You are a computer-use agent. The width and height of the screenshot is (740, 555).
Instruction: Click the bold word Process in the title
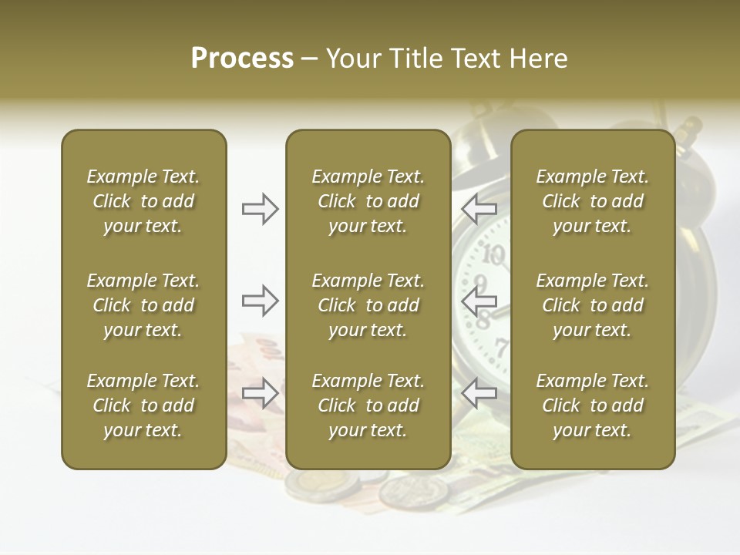[242, 59]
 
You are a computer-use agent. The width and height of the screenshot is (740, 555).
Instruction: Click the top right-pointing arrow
[261, 208]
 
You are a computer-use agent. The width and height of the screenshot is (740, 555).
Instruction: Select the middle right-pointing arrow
[261, 300]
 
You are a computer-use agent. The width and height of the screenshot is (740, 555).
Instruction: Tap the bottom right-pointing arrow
[261, 392]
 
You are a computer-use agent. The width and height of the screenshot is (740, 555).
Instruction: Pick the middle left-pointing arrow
[479, 300]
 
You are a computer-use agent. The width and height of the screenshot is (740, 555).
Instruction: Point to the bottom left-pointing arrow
[479, 392]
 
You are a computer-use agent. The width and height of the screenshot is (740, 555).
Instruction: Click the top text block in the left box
[143, 201]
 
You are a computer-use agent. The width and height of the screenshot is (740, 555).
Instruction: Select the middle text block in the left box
[143, 305]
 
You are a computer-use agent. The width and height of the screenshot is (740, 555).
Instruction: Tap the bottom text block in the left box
[143, 405]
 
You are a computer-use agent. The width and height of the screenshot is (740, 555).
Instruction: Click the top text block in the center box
[368, 201]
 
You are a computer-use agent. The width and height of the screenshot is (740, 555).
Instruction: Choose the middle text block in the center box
[368, 305]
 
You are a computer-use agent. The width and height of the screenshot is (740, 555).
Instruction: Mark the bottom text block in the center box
[368, 405]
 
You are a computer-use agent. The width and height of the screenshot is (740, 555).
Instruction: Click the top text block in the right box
[593, 201]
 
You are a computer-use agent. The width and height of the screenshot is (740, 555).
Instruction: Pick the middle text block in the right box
[593, 305]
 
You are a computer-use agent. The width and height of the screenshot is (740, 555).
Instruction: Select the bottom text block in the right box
[593, 405]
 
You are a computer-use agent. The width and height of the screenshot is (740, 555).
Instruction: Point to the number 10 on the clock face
[494, 254]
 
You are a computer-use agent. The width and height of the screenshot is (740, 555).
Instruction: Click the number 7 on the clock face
[501, 346]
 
